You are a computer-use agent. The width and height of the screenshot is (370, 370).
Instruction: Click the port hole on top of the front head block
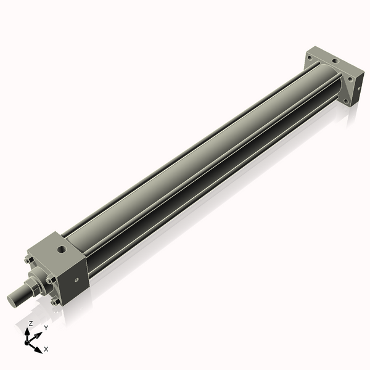[61, 249]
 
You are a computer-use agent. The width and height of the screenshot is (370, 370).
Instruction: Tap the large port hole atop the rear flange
[333, 60]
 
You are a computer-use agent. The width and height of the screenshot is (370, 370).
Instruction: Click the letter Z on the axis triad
[30, 323]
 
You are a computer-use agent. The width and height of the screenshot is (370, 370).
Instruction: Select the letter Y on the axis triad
[46, 327]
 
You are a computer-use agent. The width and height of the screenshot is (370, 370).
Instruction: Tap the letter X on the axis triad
[46, 349]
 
